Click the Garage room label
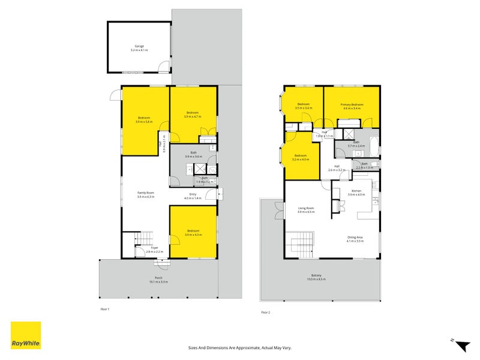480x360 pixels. (139, 46)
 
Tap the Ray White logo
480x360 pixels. (26, 335)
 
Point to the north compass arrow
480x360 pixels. (462, 346)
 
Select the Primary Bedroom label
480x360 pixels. (352, 105)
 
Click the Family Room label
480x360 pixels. (146, 193)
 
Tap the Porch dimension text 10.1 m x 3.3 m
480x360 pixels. (159, 281)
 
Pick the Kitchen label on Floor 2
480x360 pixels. (357, 191)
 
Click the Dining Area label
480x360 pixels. (355, 237)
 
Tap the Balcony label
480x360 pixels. (316, 276)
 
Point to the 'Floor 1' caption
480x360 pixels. (106, 309)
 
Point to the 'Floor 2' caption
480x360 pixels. (265, 313)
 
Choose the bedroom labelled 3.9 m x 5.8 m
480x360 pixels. (144, 119)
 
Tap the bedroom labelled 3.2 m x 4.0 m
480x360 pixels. (300, 157)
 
